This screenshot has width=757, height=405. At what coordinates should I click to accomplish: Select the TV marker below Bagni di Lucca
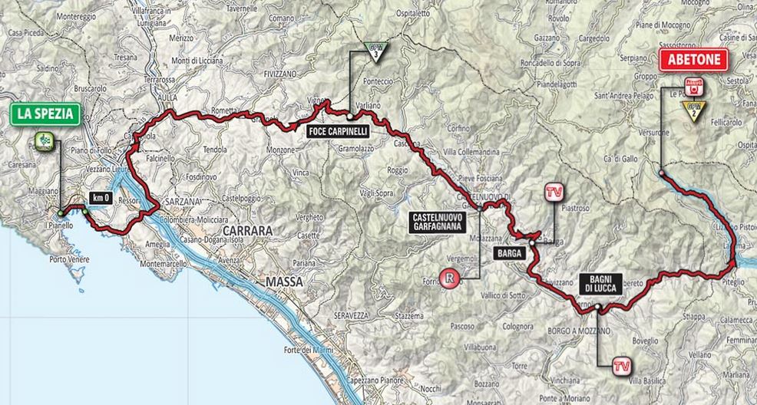click(x=623, y=366)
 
